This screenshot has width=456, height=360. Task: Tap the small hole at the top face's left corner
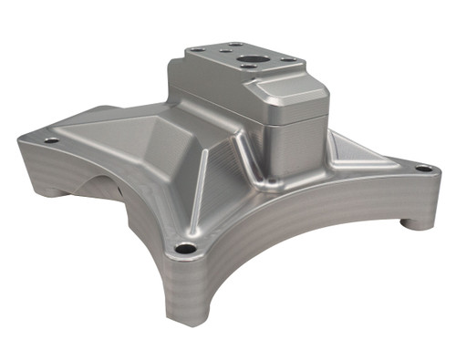tap(197, 50)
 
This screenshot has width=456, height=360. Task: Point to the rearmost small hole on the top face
tap(234, 45)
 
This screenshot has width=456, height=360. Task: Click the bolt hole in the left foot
tap(51, 140)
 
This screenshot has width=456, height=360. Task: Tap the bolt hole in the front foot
tap(185, 248)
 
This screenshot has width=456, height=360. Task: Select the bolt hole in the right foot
tap(422, 169)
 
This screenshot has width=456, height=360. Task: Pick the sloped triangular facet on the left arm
tap(137, 137)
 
